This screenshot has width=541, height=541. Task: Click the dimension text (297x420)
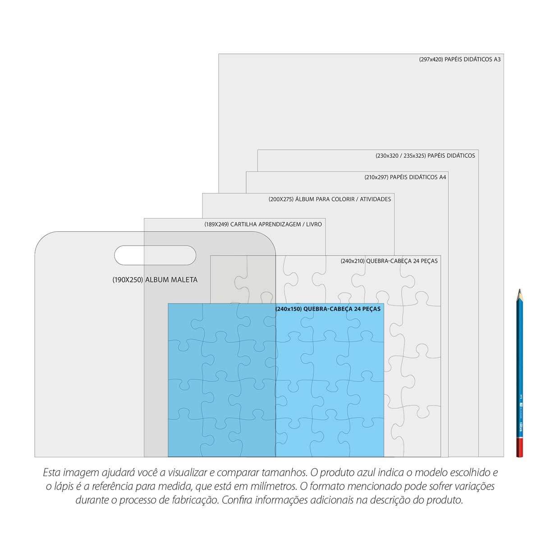click(431, 60)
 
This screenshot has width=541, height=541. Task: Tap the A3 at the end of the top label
click(497, 60)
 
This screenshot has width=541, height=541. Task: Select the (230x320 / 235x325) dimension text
click(401, 156)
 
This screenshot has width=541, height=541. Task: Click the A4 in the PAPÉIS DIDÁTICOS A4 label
click(442, 177)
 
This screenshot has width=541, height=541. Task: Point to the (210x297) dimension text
click(376, 177)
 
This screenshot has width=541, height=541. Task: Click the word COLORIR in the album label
click(343, 199)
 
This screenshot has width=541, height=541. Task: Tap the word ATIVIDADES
click(376, 199)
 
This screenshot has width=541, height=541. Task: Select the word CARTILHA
click(243, 225)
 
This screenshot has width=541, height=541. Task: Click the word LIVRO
click(314, 225)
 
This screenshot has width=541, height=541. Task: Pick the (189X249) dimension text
click(216, 225)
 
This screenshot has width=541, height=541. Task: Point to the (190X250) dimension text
click(128, 280)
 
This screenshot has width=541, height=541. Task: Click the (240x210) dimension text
click(353, 261)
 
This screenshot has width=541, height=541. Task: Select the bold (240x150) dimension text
click(289, 309)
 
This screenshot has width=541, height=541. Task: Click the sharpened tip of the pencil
click(519, 290)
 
